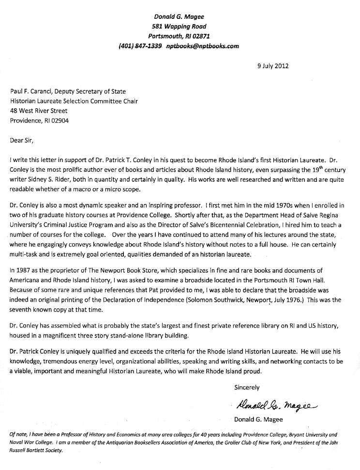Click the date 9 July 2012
click(272, 66)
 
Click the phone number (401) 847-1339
click(140, 46)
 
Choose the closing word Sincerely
click(247, 387)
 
